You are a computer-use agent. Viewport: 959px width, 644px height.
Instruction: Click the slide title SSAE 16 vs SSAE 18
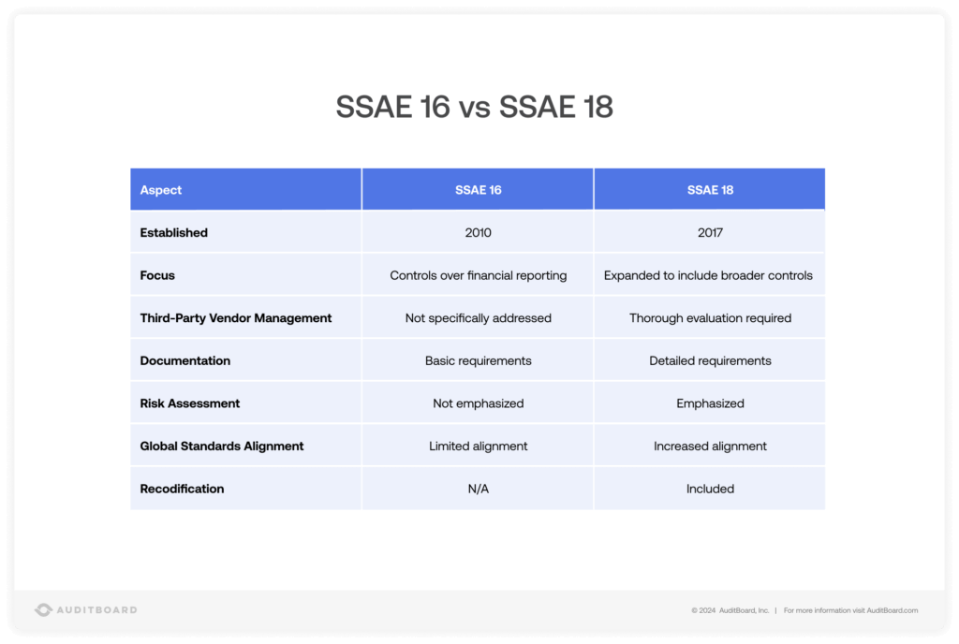(475, 108)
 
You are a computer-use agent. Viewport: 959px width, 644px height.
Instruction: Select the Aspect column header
(161, 190)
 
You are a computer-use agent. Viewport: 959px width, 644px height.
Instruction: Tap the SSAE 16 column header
(478, 190)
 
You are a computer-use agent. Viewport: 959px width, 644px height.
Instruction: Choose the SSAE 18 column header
(710, 190)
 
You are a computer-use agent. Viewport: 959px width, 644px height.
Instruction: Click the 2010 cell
(478, 232)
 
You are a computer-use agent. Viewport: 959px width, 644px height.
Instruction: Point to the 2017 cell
(710, 232)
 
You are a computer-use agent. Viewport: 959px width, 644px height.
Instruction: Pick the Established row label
(174, 232)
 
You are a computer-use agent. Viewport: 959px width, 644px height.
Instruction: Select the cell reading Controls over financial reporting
(478, 275)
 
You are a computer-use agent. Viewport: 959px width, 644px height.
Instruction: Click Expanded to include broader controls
(708, 275)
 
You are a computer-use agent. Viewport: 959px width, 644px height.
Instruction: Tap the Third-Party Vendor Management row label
(236, 318)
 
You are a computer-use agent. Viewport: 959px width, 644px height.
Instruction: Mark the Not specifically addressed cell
(478, 318)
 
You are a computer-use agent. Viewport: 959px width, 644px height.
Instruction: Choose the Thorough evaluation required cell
(710, 318)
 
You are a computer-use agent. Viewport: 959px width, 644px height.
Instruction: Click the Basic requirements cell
(478, 360)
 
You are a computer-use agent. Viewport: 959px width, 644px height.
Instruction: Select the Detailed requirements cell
(710, 360)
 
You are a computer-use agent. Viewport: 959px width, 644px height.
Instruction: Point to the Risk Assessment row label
(190, 403)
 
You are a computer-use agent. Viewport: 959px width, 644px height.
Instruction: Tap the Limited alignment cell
(478, 446)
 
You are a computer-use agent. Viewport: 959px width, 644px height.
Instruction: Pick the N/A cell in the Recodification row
(478, 489)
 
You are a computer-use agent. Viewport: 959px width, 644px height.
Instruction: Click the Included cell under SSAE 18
(710, 489)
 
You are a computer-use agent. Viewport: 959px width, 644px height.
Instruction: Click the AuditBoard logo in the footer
(86, 610)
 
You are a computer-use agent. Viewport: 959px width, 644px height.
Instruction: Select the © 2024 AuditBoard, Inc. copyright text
(730, 610)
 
